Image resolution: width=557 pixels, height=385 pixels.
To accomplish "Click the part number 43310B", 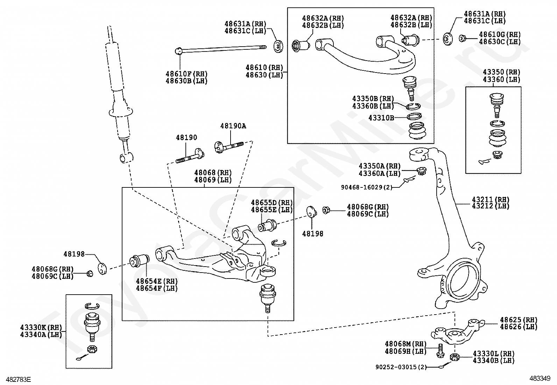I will click(x=381, y=118).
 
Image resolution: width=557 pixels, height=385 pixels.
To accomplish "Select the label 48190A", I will click(x=233, y=126).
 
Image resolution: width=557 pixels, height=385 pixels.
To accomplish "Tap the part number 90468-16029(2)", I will click(x=366, y=187).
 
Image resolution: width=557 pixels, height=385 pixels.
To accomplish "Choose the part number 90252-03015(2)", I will click(x=401, y=367).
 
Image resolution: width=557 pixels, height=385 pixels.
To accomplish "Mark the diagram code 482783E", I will click(x=16, y=379).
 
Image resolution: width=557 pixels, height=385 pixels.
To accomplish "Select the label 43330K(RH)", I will click(x=41, y=328).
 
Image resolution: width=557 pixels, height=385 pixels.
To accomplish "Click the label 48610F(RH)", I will click(x=186, y=74).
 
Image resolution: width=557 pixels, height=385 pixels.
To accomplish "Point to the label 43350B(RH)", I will click(x=373, y=99).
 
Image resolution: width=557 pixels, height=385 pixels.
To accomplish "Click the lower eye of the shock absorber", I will click(x=126, y=158).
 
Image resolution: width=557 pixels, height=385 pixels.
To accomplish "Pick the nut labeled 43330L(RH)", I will click(x=454, y=357).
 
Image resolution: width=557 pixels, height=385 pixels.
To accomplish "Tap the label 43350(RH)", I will click(x=501, y=72).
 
